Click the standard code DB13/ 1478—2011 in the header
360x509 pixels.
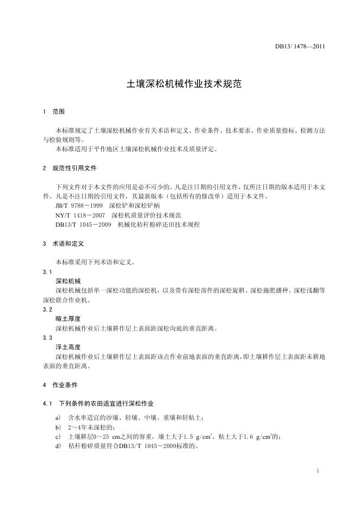pyautogui.click(x=300, y=46)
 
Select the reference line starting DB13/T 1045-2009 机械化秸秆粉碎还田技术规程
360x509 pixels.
pyautogui.click(x=127, y=225)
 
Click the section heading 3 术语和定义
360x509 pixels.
pyautogui.click(x=63, y=244)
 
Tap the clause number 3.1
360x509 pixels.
pyautogui.click(x=47, y=271)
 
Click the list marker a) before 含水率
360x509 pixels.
pyautogui.click(x=58, y=418)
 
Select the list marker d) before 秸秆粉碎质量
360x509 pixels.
pyautogui.click(x=58, y=446)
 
